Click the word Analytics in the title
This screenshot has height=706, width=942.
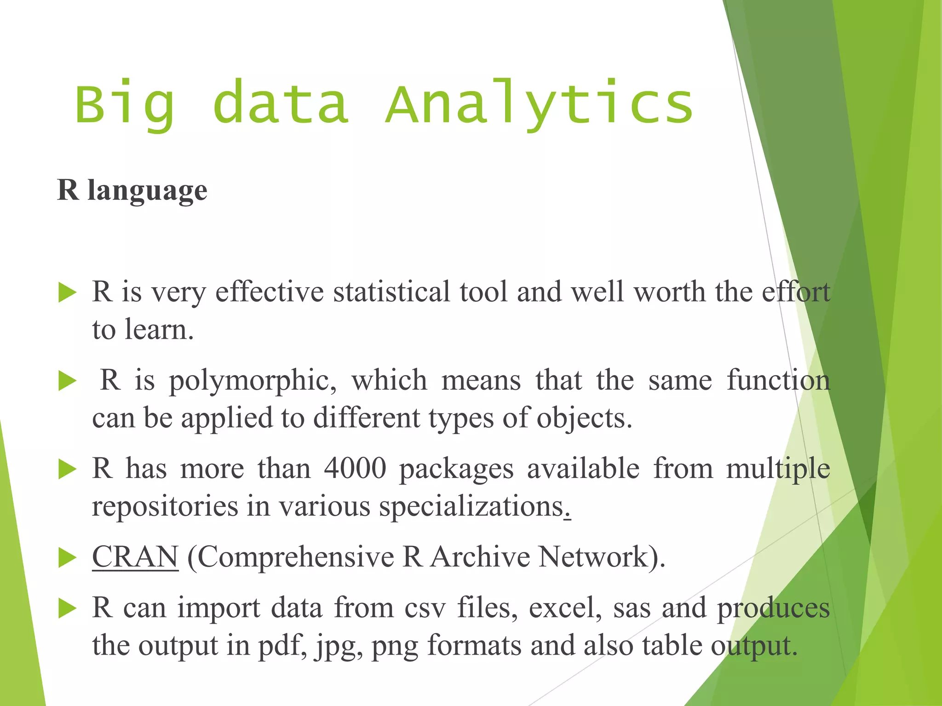click(x=539, y=104)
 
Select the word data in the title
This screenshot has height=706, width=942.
click(x=281, y=104)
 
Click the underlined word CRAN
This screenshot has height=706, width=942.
click(x=135, y=557)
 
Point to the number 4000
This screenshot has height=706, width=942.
click(x=355, y=469)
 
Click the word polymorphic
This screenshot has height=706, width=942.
click(x=253, y=381)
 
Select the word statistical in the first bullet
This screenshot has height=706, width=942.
click(x=391, y=292)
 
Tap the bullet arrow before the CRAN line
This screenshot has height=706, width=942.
click(x=68, y=558)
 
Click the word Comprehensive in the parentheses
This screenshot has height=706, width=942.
click(x=296, y=558)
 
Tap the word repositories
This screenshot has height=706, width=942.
click(x=165, y=507)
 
